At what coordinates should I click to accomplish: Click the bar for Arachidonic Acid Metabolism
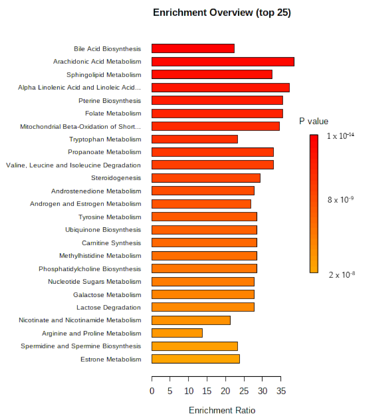(223, 61)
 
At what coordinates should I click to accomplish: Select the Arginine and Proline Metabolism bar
(177, 333)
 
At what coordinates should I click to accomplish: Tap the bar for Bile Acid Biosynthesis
(193, 48)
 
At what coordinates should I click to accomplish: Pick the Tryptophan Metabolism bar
(194, 139)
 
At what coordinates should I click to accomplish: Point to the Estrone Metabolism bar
(195, 359)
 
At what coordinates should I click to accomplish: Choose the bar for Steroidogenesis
(206, 178)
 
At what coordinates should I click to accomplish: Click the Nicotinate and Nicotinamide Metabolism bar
(191, 320)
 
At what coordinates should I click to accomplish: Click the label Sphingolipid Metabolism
(104, 75)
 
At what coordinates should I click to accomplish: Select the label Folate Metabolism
(113, 113)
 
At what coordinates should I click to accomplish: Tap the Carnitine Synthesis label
(111, 243)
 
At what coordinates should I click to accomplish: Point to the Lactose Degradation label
(109, 308)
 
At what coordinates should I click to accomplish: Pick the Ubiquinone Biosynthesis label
(103, 230)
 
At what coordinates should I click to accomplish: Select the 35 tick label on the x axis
(281, 391)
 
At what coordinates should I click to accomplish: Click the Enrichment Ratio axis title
(222, 410)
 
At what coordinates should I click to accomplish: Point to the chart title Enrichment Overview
(222, 13)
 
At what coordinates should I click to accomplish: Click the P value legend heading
(313, 122)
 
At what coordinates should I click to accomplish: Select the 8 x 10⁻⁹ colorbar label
(340, 200)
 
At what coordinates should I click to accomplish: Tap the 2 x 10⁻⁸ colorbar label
(341, 275)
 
